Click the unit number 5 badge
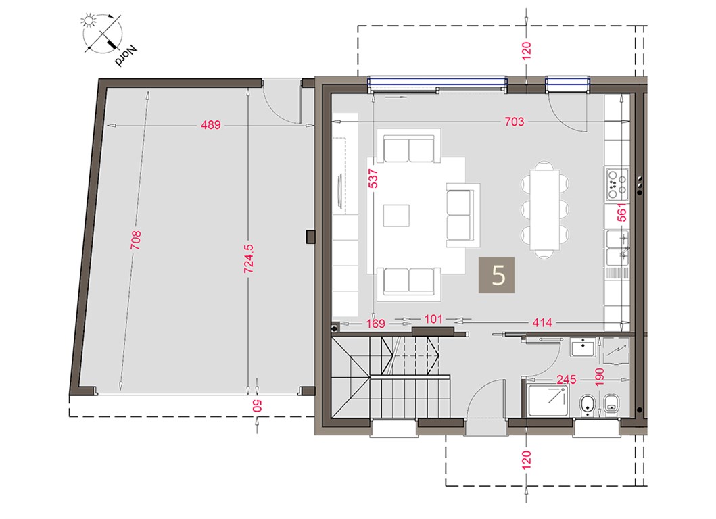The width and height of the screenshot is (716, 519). coord(497,275)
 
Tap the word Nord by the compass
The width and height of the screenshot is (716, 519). coord(126,55)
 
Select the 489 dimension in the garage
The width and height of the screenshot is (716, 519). coord(210,124)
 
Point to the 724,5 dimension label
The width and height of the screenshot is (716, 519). coord(249,259)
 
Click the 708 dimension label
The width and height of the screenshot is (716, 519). coord(136,240)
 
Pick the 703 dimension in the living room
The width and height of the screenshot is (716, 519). coord(514,122)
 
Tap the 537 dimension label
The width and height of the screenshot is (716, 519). coord(373,178)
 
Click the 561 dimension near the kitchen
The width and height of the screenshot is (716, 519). coord(621,212)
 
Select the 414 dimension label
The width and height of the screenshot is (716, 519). coord(542,323)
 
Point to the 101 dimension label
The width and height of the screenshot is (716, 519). coord(433,319)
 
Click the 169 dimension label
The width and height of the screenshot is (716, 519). coord(375,324)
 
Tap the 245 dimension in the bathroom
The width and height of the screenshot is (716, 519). coord(566,379)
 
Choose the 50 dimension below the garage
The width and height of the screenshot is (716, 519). coord(257,405)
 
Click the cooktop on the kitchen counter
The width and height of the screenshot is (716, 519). coord(617,184)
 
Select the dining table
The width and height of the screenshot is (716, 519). coord(545,209)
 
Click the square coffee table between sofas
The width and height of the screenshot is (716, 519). coord(396,216)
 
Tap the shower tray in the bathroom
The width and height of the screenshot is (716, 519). coord(548,400)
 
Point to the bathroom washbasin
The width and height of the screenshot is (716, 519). coord(582,348)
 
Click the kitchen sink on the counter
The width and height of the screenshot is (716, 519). coord(617,248)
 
